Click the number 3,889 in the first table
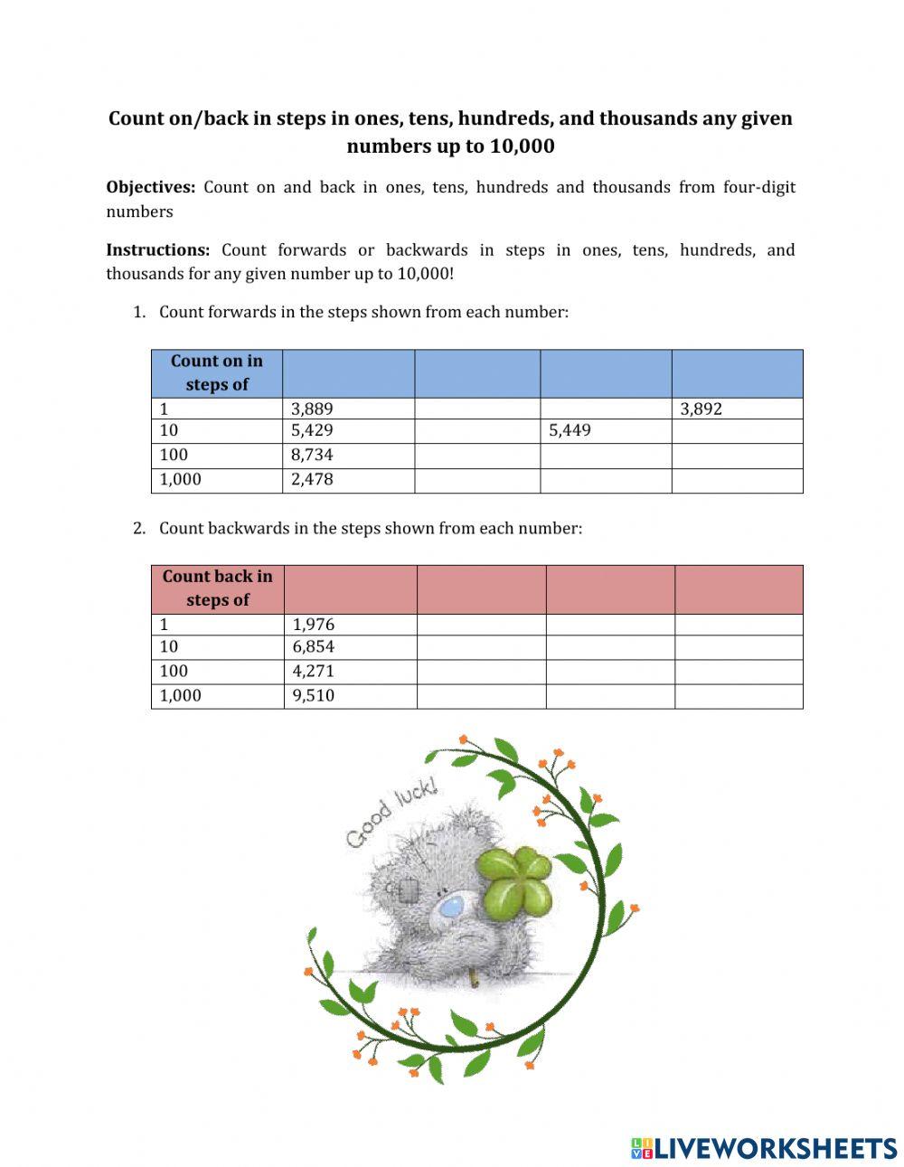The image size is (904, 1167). click(312, 409)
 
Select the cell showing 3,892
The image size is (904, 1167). click(701, 409)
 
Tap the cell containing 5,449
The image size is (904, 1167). click(570, 431)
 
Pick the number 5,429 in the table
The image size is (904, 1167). click(312, 431)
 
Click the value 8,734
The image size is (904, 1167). click(312, 456)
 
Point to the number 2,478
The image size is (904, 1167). click(312, 480)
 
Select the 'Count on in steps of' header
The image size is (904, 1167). click(217, 372)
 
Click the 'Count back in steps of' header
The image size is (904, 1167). click(217, 588)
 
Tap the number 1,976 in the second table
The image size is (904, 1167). click(314, 625)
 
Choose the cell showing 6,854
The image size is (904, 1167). click(314, 647)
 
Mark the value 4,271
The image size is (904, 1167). click(314, 672)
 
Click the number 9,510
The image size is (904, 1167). click(314, 696)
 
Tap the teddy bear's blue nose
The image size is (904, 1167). click(447, 908)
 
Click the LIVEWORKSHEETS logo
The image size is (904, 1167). click(764, 1148)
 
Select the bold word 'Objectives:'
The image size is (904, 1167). click(150, 188)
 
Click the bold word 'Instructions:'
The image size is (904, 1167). click(158, 250)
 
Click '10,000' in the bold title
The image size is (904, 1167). click(522, 146)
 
